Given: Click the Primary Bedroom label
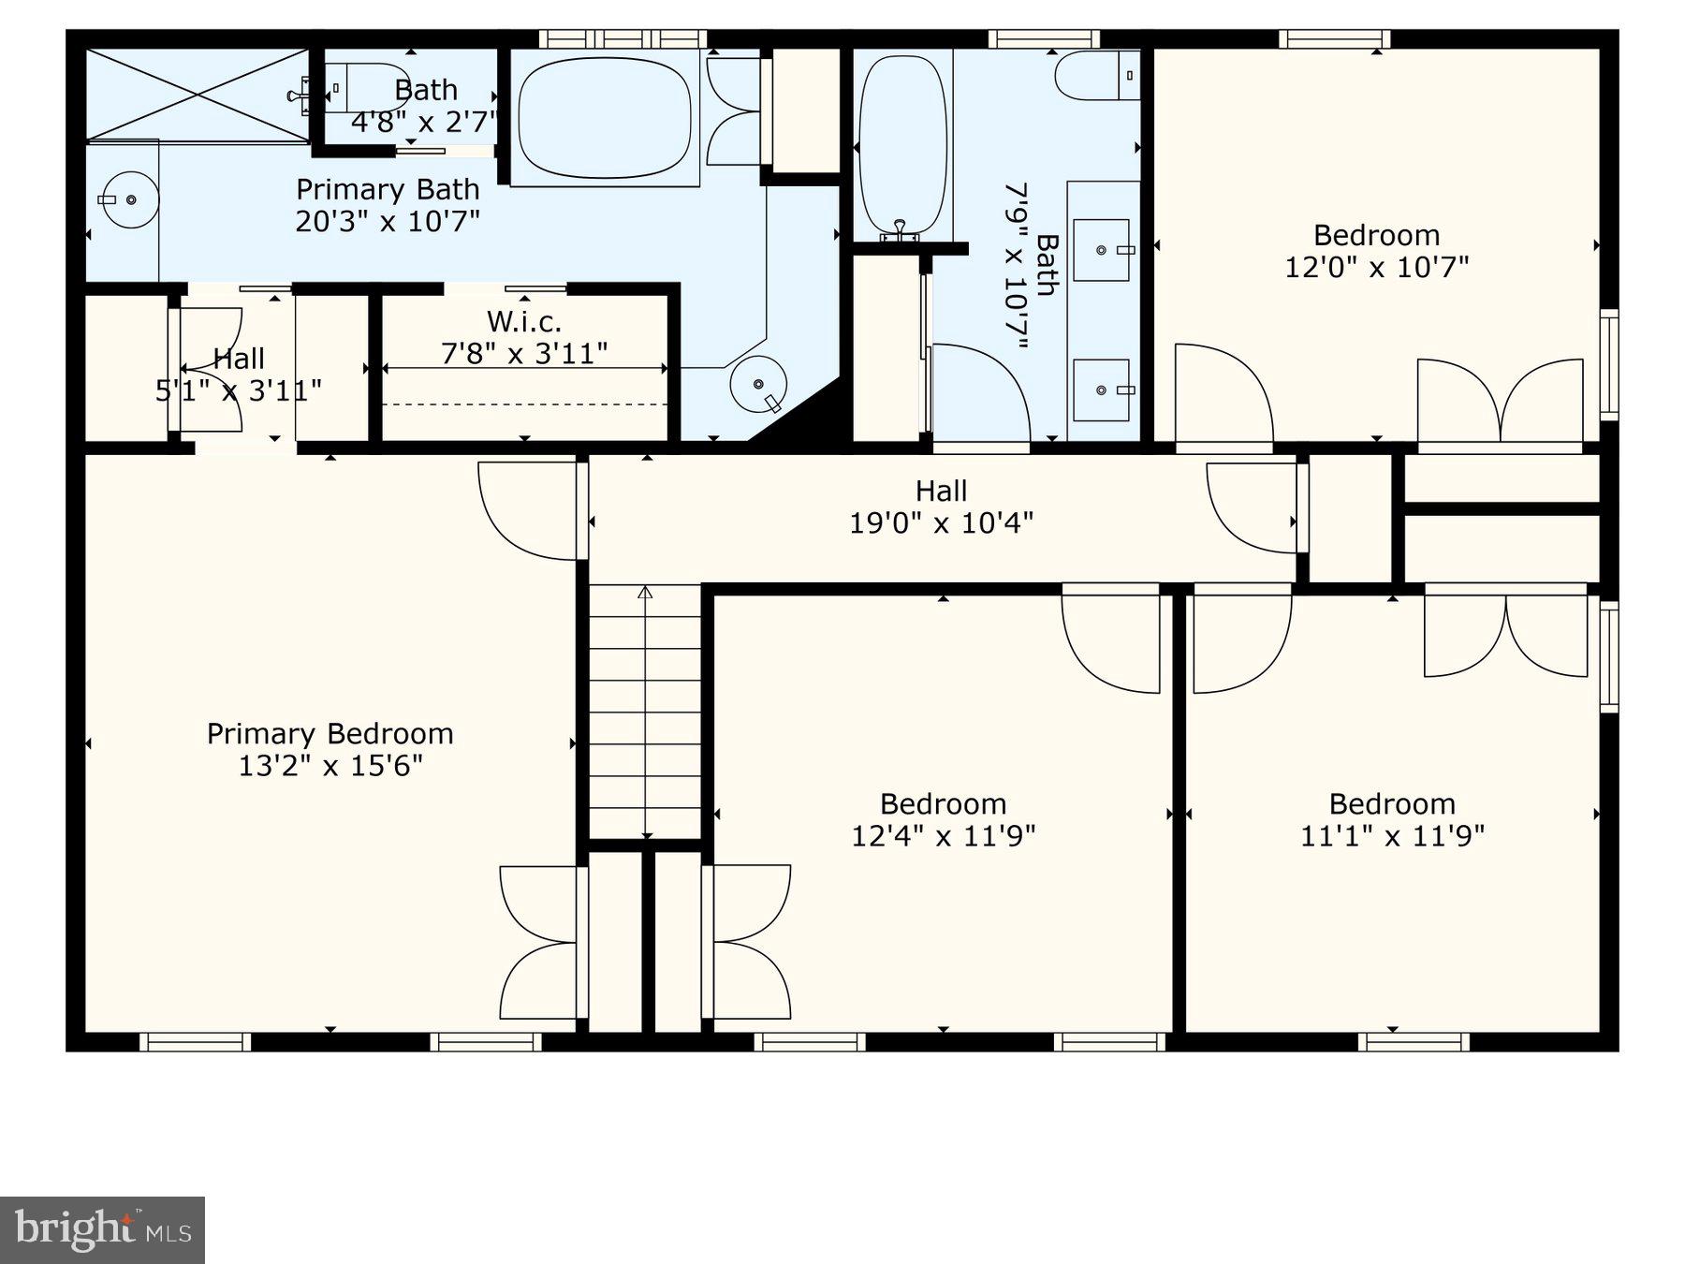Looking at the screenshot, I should pyautogui.click(x=330, y=733).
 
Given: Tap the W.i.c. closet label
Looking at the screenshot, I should pyautogui.click(x=523, y=322).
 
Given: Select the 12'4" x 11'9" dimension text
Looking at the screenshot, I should pyautogui.click(x=943, y=835).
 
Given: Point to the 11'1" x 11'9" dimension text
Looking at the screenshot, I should pyautogui.click(x=1392, y=835).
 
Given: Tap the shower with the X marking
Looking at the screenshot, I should pyautogui.click(x=197, y=96).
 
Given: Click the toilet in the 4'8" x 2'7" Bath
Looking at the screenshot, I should pyautogui.click(x=370, y=87).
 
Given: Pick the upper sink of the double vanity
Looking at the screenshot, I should pyautogui.click(x=1102, y=250).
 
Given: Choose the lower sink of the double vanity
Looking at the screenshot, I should pyautogui.click(x=1102, y=389).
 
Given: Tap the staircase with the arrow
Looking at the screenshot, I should pyautogui.click(x=645, y=712).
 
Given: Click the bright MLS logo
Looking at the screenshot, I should pyautogui.click(x=102, y=1229).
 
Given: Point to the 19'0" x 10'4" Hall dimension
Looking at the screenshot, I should pyautogui.click(x=941, y=522).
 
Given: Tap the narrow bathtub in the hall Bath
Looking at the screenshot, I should pyautogui.click(x=902, y=145).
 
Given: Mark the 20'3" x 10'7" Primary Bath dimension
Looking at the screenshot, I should pyautogui.click(x=388, y=222).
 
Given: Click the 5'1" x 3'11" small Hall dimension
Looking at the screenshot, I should pyautogui.click(x=239, y=390).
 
